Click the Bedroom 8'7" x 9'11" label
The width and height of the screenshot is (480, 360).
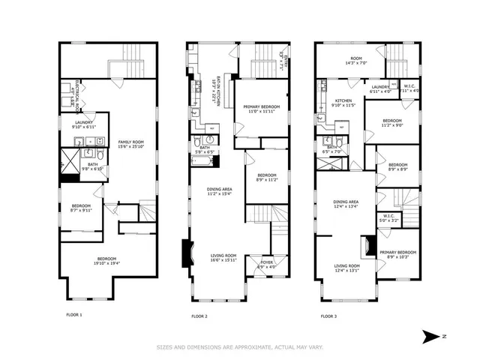point(82,208)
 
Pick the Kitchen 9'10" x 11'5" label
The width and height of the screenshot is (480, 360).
point(343,103)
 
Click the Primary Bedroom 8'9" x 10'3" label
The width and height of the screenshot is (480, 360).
point(397,254)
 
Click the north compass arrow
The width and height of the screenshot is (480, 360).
point(430,334)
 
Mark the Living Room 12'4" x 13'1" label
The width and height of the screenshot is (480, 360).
point(346,268)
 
